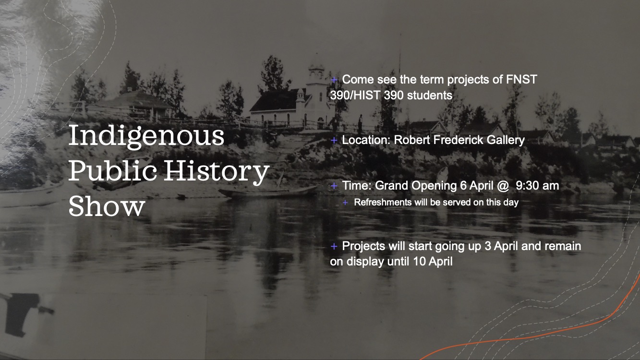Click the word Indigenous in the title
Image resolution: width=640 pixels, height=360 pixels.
click(146, 137)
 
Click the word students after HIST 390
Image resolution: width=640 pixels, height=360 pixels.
click(429, 95)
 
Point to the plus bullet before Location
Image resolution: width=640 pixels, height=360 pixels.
click(334, 141)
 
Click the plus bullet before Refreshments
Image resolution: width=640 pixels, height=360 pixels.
click(345, 203)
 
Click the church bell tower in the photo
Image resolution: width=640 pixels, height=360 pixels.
click(316, 77)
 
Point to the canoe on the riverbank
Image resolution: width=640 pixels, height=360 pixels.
click(266, 192)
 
